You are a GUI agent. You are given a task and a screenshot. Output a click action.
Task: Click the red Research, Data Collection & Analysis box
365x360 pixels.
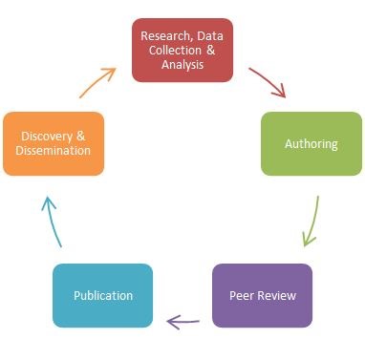click(x=182, y=50)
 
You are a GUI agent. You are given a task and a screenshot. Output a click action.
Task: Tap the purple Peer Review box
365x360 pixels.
click(x=262, y=295)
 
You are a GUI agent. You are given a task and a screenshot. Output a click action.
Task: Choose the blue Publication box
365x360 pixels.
click(x=102, y=295)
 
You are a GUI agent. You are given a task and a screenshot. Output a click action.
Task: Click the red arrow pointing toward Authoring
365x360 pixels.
click(x=268, y=81)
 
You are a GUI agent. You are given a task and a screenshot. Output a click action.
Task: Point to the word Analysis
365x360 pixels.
click(x=182, y=65)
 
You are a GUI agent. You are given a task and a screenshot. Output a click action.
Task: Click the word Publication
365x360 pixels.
click(x=102, y=295)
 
